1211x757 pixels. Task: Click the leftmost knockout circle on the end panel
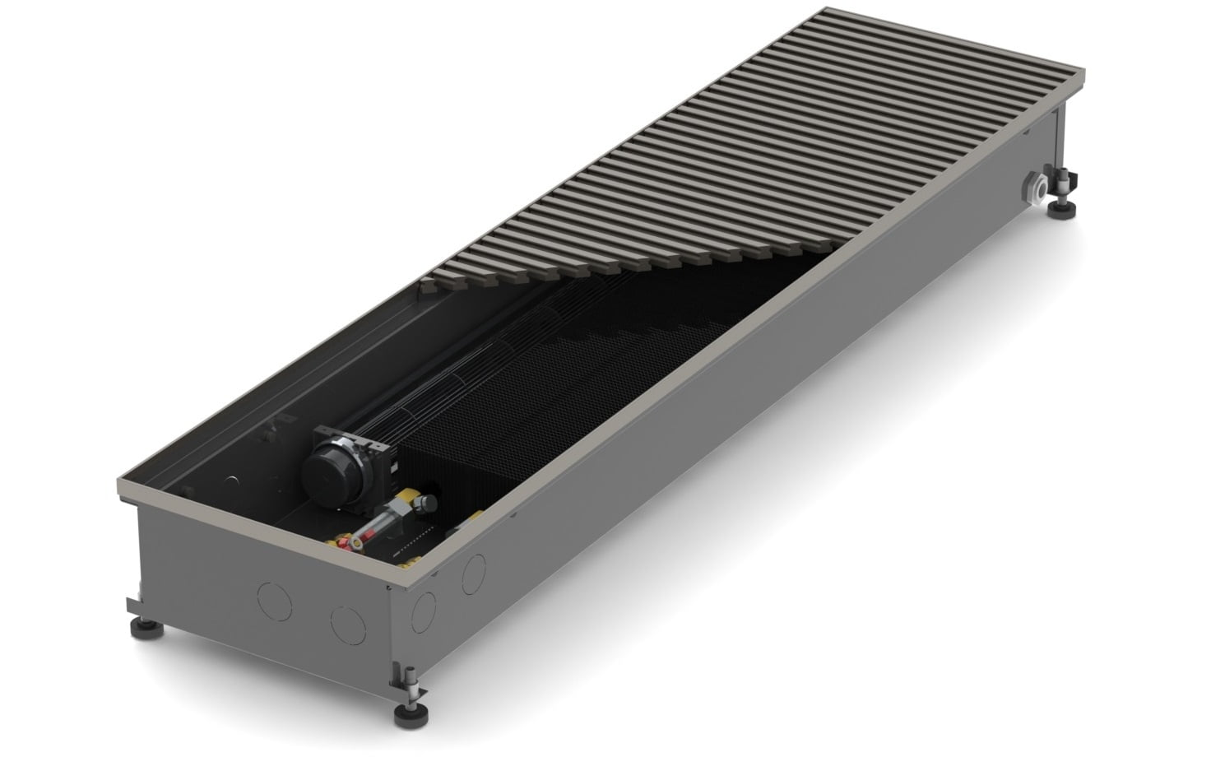pyautogui.click(x=274, y=600)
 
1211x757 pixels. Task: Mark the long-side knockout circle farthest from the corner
pyautogui.click(x=474, y=573)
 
